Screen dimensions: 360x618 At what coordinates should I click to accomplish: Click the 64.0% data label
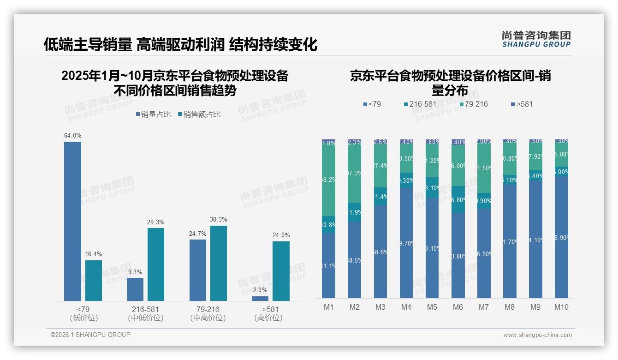(x=72, y=135)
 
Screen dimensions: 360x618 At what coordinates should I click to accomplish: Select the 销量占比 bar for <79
(x=72, y=222)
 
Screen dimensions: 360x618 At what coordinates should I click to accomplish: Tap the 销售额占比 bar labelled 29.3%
(x=156, y=264)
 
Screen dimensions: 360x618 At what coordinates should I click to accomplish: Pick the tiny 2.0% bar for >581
(x=260, y=299)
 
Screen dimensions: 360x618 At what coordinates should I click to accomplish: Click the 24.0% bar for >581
(x=281, y=271)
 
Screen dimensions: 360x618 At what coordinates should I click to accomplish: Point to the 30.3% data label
(x=218, y=219)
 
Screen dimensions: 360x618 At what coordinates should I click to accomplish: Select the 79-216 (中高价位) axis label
(x=208, y=313)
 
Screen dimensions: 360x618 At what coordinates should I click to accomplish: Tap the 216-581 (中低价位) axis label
(x=146, y=313)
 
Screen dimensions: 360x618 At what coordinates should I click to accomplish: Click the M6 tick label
(x=458, y=307)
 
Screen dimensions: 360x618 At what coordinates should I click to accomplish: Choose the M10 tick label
(x=561, y=307)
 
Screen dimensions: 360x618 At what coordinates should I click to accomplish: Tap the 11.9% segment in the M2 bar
(x=355, y=212)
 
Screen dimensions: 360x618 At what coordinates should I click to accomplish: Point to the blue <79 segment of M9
(x=535, y=239)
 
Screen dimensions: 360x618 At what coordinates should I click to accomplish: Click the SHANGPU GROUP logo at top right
(x=536, y=39)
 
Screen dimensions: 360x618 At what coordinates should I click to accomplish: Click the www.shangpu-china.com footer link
(x=537, y=335)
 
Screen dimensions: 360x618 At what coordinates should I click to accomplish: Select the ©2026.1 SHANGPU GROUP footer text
(x=90, y=335)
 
